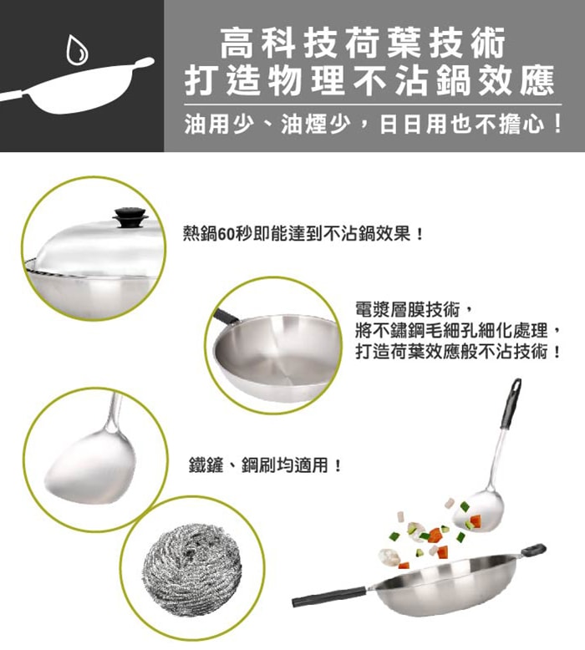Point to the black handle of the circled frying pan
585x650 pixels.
click(226, 315)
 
